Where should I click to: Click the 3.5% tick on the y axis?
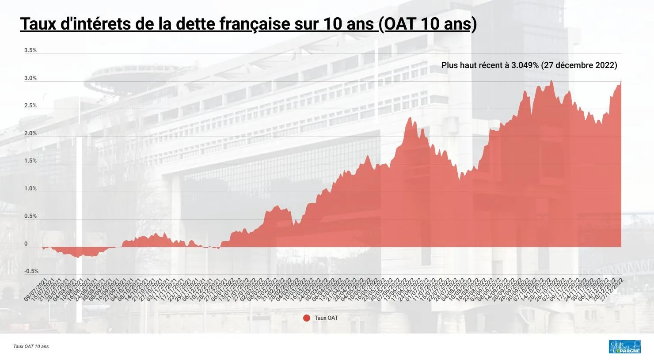click(30, 51)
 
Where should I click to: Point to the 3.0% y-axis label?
click(30, 79)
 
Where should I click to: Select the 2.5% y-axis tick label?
click(30, 106)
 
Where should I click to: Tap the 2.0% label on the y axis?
click(30, 133)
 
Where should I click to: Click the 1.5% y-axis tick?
click(30, 161)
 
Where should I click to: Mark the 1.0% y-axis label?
click(30, 189)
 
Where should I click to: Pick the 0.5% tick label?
click(30, 216)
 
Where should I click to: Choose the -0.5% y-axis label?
click(31, 271)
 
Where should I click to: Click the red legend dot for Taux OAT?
click(307, 318)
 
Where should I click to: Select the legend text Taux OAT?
click(326, 318)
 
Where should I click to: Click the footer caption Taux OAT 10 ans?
click(31, 347)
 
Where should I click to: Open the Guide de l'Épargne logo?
click(624, 347)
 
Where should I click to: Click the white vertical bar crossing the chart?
click(79, 230)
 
